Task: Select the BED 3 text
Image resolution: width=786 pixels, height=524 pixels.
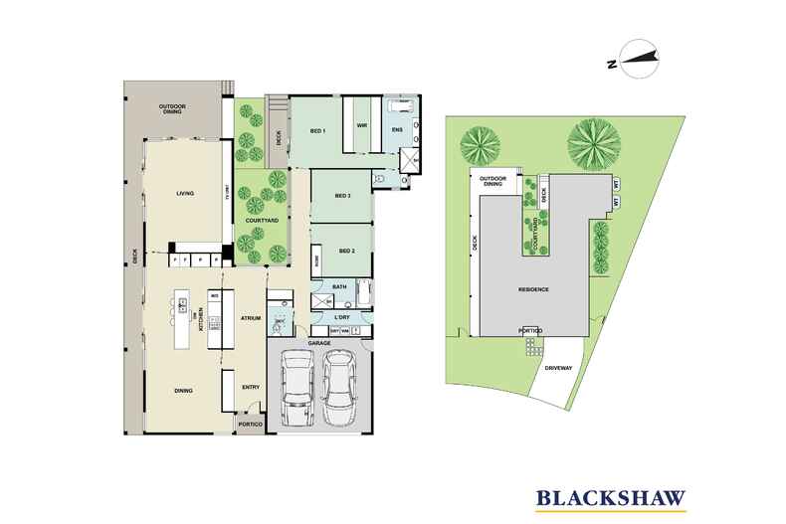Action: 343,196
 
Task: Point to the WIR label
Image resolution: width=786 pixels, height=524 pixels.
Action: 362,126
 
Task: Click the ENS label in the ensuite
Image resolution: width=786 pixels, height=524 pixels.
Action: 396,130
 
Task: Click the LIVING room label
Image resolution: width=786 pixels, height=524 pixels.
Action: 184,194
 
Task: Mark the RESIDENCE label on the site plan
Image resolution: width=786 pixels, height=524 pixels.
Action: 534,289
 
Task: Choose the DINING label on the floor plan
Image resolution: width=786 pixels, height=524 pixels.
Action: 183,390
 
